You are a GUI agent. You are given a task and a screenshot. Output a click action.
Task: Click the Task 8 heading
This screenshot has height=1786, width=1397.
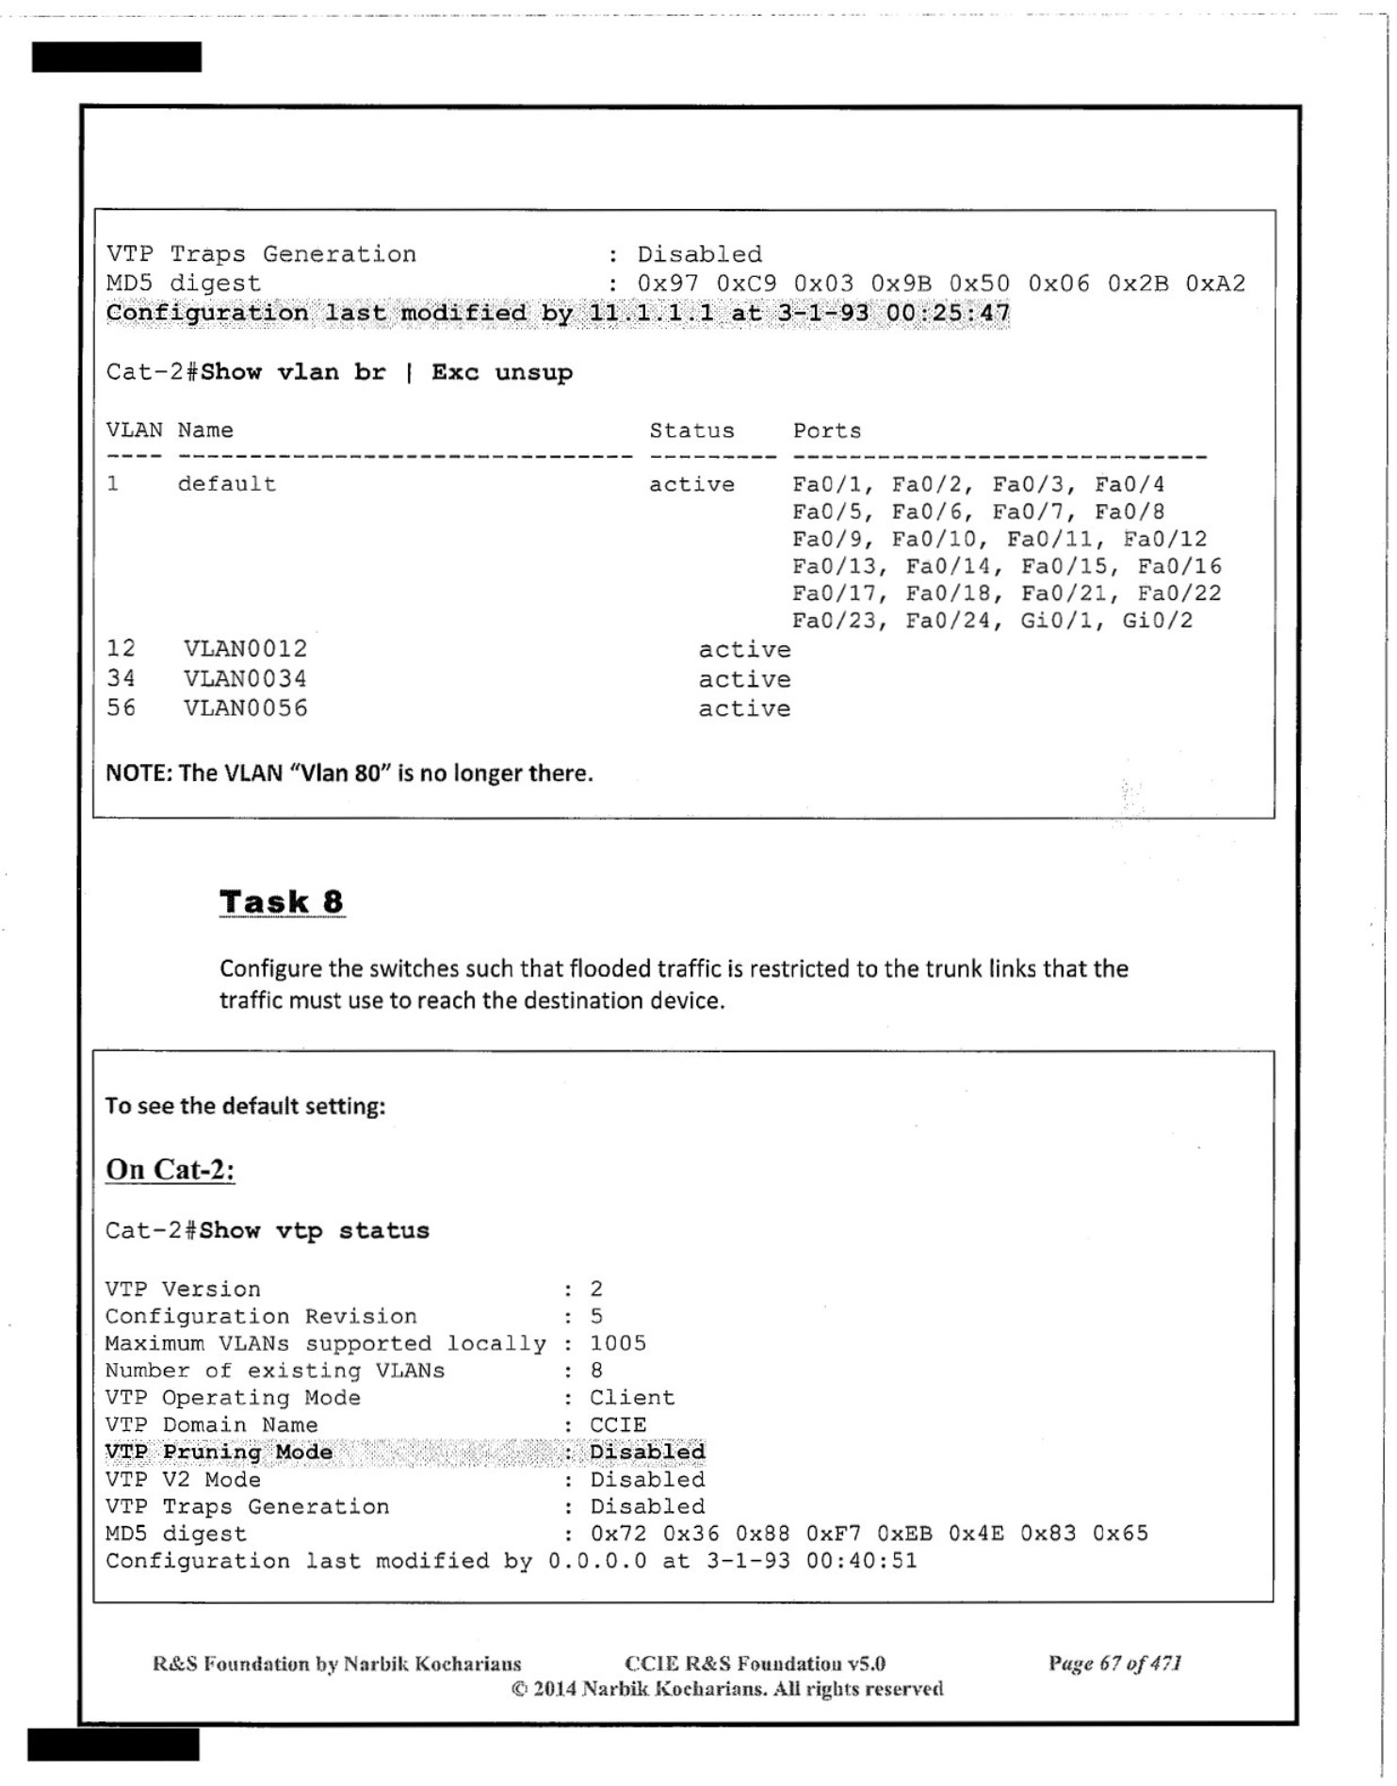[x=282, y=901]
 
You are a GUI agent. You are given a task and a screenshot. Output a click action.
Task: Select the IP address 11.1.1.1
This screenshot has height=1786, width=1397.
[x=651, y=313]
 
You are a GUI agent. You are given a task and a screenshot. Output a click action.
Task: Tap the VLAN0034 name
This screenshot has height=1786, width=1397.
[x=245, y=678]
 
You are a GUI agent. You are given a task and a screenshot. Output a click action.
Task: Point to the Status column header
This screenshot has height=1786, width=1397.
[x=691, y=430]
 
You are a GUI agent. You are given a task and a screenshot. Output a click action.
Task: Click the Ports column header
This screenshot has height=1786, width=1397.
[x=826, y=430]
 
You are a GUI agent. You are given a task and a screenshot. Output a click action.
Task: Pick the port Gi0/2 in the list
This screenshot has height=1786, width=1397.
[x=1157, y=621]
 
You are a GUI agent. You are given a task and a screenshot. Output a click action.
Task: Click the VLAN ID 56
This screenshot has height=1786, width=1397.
[x=121, y=707]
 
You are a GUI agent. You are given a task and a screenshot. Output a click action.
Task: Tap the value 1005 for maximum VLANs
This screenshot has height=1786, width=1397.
[x=618, y=1343]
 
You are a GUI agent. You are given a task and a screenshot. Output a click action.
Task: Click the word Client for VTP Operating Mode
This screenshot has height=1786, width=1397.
[x=632, y=1397]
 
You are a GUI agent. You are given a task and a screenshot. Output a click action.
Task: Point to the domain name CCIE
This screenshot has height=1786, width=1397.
[x=618, y=1424]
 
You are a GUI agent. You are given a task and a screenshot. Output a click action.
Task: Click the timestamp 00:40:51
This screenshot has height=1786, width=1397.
[x=861, y=1561]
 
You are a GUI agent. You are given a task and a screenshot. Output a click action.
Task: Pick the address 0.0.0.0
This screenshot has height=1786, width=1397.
[x=597, y=1561]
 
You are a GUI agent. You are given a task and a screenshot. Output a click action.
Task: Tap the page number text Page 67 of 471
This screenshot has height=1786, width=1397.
[x=1114, y=1664]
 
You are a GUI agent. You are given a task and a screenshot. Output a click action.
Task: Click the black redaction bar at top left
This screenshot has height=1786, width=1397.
[x=117, y=57]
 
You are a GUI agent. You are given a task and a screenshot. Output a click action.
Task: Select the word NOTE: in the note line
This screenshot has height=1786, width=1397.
[x=138, y=773]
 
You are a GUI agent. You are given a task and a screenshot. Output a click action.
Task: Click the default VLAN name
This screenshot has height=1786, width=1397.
[x=227, y=484]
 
